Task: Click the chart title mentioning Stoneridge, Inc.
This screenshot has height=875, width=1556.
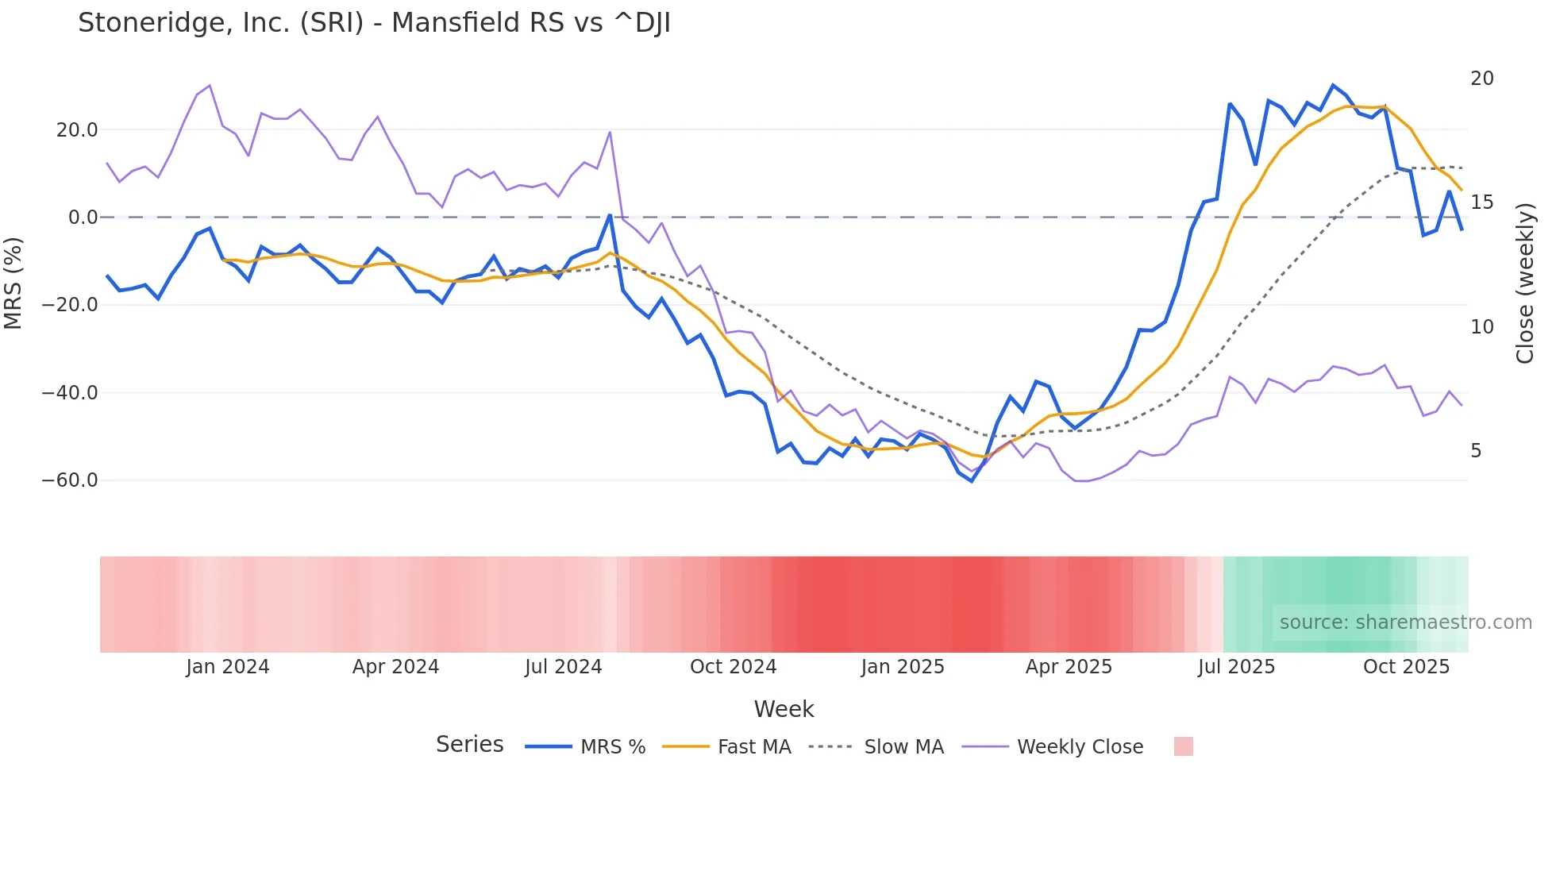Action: [374, 23]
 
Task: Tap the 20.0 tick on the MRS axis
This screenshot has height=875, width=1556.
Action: [77, 130]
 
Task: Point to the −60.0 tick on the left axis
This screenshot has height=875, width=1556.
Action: [70, 480]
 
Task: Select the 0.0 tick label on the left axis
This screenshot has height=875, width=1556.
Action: [83, 218]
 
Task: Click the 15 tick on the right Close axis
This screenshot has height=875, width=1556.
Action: [1481, 202]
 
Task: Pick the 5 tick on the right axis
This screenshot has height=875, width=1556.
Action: [1476, 451]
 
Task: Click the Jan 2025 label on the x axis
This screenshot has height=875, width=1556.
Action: [903, 667]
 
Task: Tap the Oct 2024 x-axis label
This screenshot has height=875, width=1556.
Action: [733, 667]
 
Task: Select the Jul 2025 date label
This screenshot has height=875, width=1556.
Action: [1236, 667]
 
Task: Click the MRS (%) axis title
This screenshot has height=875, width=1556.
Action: [13, 283]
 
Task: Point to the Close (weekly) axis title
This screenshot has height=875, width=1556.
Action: [1525, 283]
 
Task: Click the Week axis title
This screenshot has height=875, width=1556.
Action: [784, 709]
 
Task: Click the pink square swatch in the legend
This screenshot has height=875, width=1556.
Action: [1183, 747]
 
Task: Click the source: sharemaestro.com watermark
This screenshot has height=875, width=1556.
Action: [1405, 623]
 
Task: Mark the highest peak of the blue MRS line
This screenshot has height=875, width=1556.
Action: [1333, 85]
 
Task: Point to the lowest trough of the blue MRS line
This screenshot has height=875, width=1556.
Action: [971, 481]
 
